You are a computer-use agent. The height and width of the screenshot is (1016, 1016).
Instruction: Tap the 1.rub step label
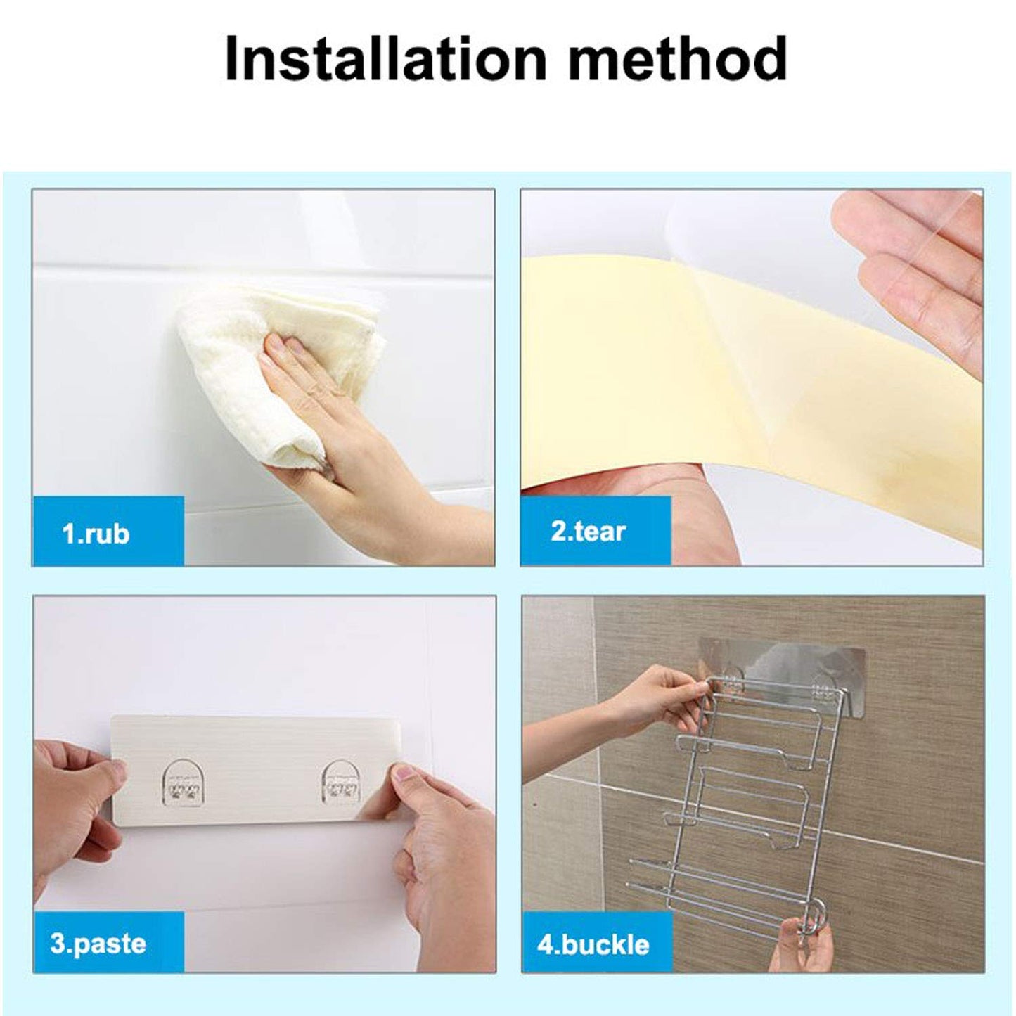[96, 534]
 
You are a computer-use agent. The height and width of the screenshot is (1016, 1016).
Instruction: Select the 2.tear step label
[588, 531]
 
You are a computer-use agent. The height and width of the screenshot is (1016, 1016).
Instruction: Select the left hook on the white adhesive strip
[182, 785]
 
